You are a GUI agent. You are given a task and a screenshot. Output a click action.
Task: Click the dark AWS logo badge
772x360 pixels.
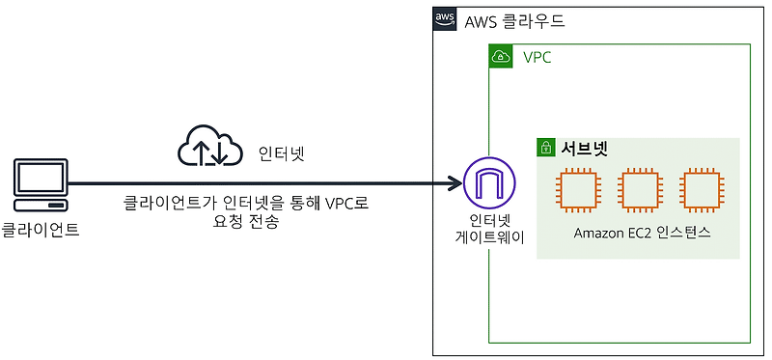(x=445, y=19)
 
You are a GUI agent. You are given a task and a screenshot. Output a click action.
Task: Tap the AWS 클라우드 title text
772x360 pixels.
(x=514, y=20)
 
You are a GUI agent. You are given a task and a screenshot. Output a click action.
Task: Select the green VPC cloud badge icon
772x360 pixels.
(x=501, y=57)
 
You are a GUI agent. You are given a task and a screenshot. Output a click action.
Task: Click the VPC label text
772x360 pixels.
(x=538, y=58)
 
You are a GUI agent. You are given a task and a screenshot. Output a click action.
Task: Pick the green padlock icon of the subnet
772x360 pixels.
(x=546, y=149)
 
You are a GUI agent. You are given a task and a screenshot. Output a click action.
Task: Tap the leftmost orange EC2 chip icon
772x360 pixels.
(x=577, y=190)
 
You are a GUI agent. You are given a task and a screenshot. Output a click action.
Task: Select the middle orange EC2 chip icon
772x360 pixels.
(x=639, y=190)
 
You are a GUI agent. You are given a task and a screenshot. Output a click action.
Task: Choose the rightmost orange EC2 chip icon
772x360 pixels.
(x=700, y=190)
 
